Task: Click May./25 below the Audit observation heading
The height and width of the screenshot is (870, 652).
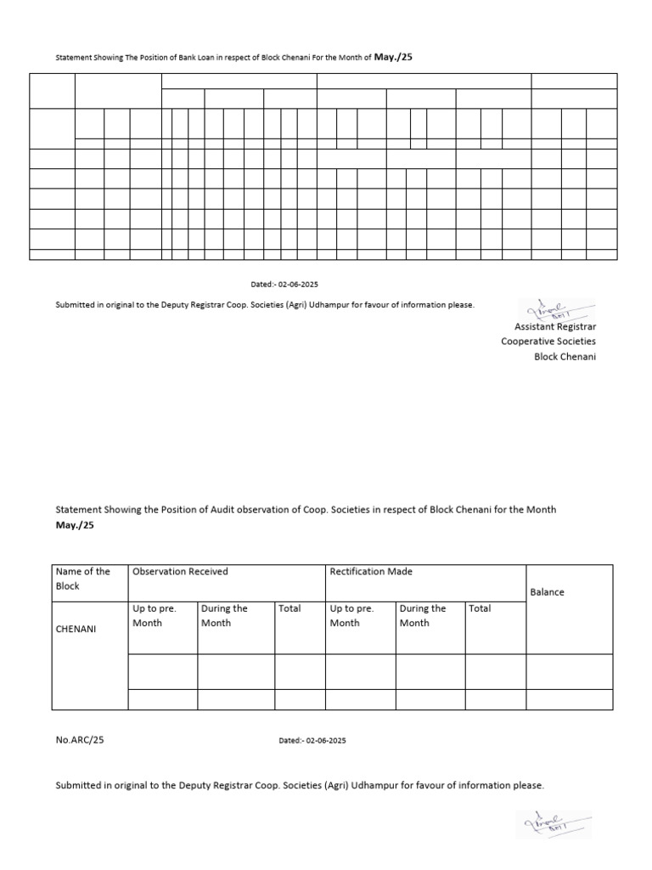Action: coord(76,525)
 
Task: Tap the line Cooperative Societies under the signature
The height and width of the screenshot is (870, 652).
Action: coord(548,342)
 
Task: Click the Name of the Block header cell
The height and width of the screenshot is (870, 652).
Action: coord(83,579)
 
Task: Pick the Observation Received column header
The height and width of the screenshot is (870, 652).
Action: coord(180,572)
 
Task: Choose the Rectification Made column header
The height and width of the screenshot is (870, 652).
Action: coord(371,572)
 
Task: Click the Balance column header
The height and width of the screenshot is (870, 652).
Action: coord(547,592)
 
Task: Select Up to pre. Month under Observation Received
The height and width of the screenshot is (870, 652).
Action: coord(155,616)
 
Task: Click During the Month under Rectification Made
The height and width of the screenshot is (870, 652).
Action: coord(423,616)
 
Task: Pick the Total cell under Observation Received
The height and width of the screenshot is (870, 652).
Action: coord(289,608)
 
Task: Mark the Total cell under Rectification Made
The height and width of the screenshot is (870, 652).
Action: coord(480,608)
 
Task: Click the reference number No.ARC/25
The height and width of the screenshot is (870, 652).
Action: coord(80,740)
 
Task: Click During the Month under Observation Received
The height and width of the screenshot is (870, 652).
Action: coord(224,616)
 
